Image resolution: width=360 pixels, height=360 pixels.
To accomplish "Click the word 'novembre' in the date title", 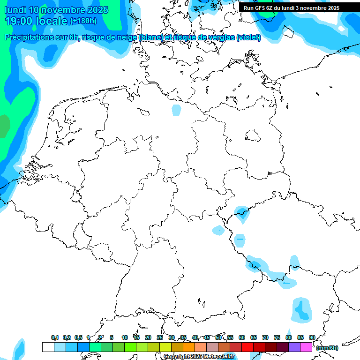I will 66,10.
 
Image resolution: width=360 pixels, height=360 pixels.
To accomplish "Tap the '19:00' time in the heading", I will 19,21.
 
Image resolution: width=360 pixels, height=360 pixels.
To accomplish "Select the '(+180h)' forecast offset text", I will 83,21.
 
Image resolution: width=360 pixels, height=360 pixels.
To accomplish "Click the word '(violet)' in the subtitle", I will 249,37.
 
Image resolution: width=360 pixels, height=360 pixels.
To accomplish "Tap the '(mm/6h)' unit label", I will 327,348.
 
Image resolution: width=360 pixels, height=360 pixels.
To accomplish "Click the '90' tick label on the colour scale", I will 312,337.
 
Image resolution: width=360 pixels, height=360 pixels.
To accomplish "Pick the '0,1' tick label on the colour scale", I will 54,337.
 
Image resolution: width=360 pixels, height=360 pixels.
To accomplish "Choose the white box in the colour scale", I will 48,347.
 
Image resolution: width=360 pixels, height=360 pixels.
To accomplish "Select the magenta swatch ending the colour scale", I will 306,347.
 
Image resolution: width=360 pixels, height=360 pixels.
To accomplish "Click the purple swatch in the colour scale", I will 294,347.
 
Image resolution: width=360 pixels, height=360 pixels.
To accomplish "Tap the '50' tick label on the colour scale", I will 218,337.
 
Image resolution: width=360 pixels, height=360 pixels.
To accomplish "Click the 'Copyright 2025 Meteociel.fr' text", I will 199,357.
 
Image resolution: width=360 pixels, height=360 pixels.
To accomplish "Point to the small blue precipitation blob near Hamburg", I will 176,110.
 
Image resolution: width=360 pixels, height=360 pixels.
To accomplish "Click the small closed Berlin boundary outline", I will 253,136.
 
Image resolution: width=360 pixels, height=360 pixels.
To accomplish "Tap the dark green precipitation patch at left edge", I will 4,125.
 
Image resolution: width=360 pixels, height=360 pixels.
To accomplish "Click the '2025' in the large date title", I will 96,10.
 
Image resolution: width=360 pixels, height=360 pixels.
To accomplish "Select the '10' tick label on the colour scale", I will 125,337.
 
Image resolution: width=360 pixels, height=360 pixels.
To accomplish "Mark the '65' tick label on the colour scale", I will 254,337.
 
